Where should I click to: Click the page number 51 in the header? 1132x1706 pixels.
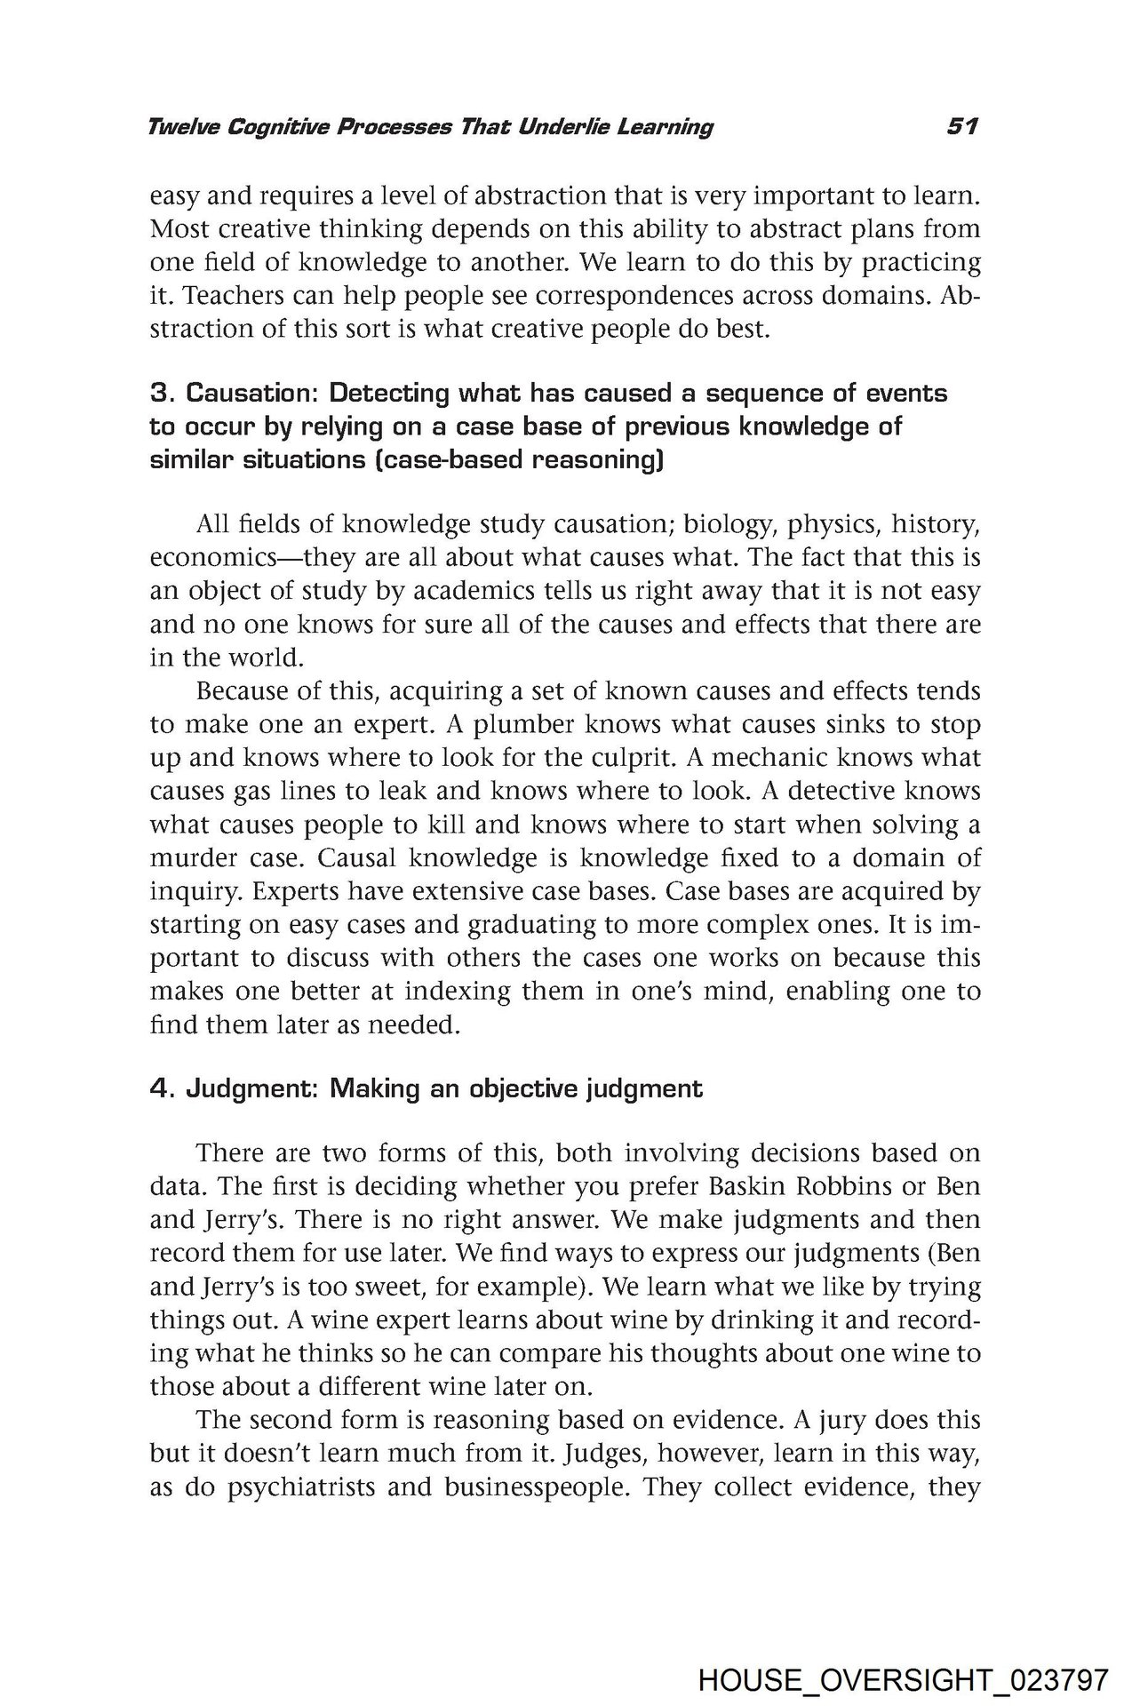click(962, 127)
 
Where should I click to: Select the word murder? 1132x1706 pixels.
click(194, 858)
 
